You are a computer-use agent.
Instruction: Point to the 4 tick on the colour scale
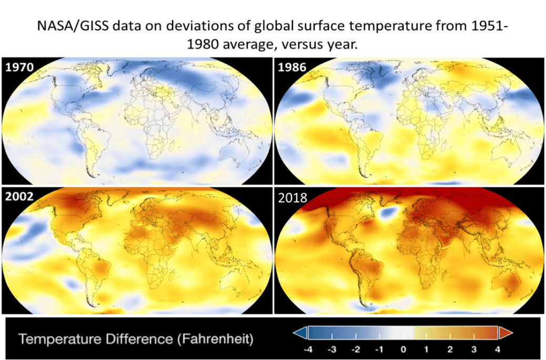tap(496, 348)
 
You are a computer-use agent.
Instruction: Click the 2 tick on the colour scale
tap(450, 348)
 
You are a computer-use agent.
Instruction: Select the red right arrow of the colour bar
tap(505, 333)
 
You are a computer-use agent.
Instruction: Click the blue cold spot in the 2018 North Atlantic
tap(388, 213)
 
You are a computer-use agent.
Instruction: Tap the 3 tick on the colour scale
tap(473, 348)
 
